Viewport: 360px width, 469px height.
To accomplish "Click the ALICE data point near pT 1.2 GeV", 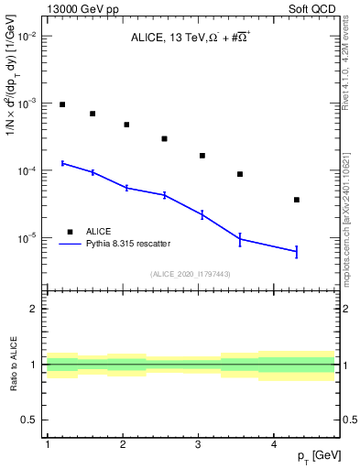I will click(62, 104).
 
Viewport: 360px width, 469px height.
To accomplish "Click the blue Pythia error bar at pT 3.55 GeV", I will click(240, 239).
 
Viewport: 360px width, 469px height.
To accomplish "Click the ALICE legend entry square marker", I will click(70, 232).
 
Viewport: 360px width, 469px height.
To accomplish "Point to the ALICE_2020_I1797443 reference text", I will click(190, 274).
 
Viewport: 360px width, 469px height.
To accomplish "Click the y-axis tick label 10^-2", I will click(27, 36).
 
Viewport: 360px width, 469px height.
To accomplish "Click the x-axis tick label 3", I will click(198, 444).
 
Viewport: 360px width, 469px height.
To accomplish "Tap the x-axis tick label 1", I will click(47, 444).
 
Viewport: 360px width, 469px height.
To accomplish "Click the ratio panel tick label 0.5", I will click(30, 420).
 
